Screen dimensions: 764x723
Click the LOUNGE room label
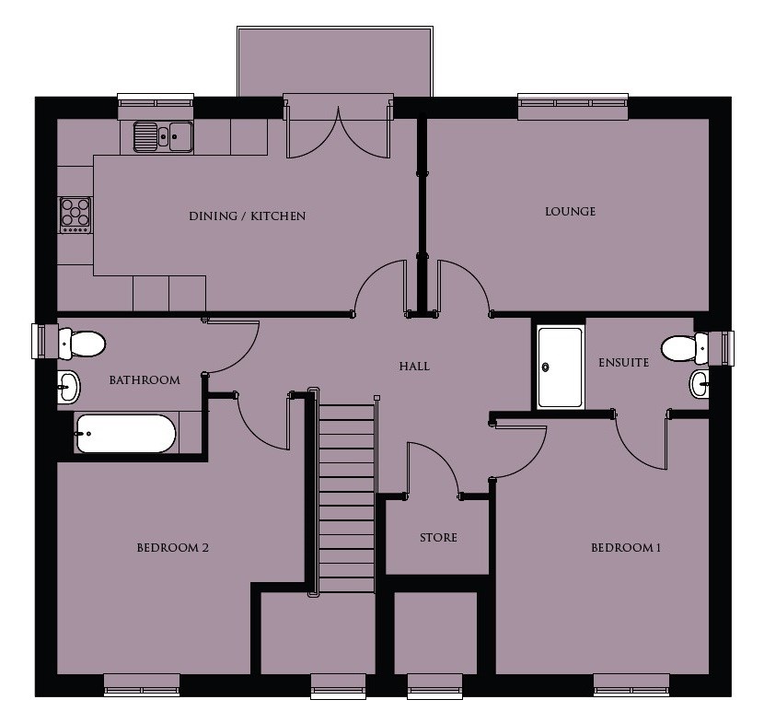pyautogui.click(x=570, y=212)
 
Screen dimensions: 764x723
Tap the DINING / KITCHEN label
pyautogui.click(x=247, y=216)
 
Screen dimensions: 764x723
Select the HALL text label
pyautogui.click(x=414, y=367)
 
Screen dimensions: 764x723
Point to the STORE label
pyautogui.click(x=438, y=537)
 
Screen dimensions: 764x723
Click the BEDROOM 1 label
pyautogui.click(x=626, y=547)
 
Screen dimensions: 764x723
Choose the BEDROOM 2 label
pyautogui.click(x=172, y=547)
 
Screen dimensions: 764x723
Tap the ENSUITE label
pyautogui.click(x=624, y=363)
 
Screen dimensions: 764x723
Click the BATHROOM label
pyautogui.click(x=145, y=380)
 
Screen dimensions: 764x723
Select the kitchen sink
pyautogui.click(x=163, y=136)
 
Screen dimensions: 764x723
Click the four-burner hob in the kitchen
pyautogui.click(x=75, y=215)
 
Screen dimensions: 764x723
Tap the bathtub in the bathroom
pyautogui.click(x=126, y=434)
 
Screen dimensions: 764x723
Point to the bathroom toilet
pyautogui.click(x=81, y=344)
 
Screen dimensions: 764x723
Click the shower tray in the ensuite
pyautogui.click(x=560, y=367)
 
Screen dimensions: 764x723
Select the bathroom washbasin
pyautogui.click(x=69, y=387)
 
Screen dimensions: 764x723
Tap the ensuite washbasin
pyautogui.click(x=700, y=384)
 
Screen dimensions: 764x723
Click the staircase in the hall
pyautogui.click(x=346, y=497)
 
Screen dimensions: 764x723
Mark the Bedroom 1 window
pyautogui.click(x=631, y=685)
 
